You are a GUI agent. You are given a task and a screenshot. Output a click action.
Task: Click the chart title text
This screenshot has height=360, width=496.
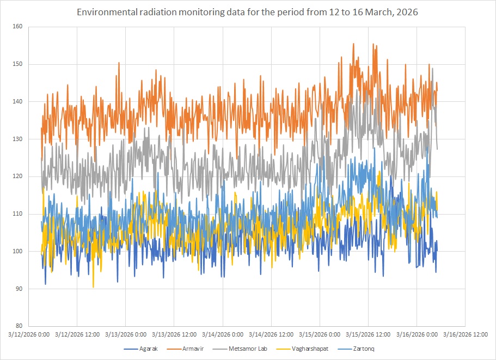tap(248, 13)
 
